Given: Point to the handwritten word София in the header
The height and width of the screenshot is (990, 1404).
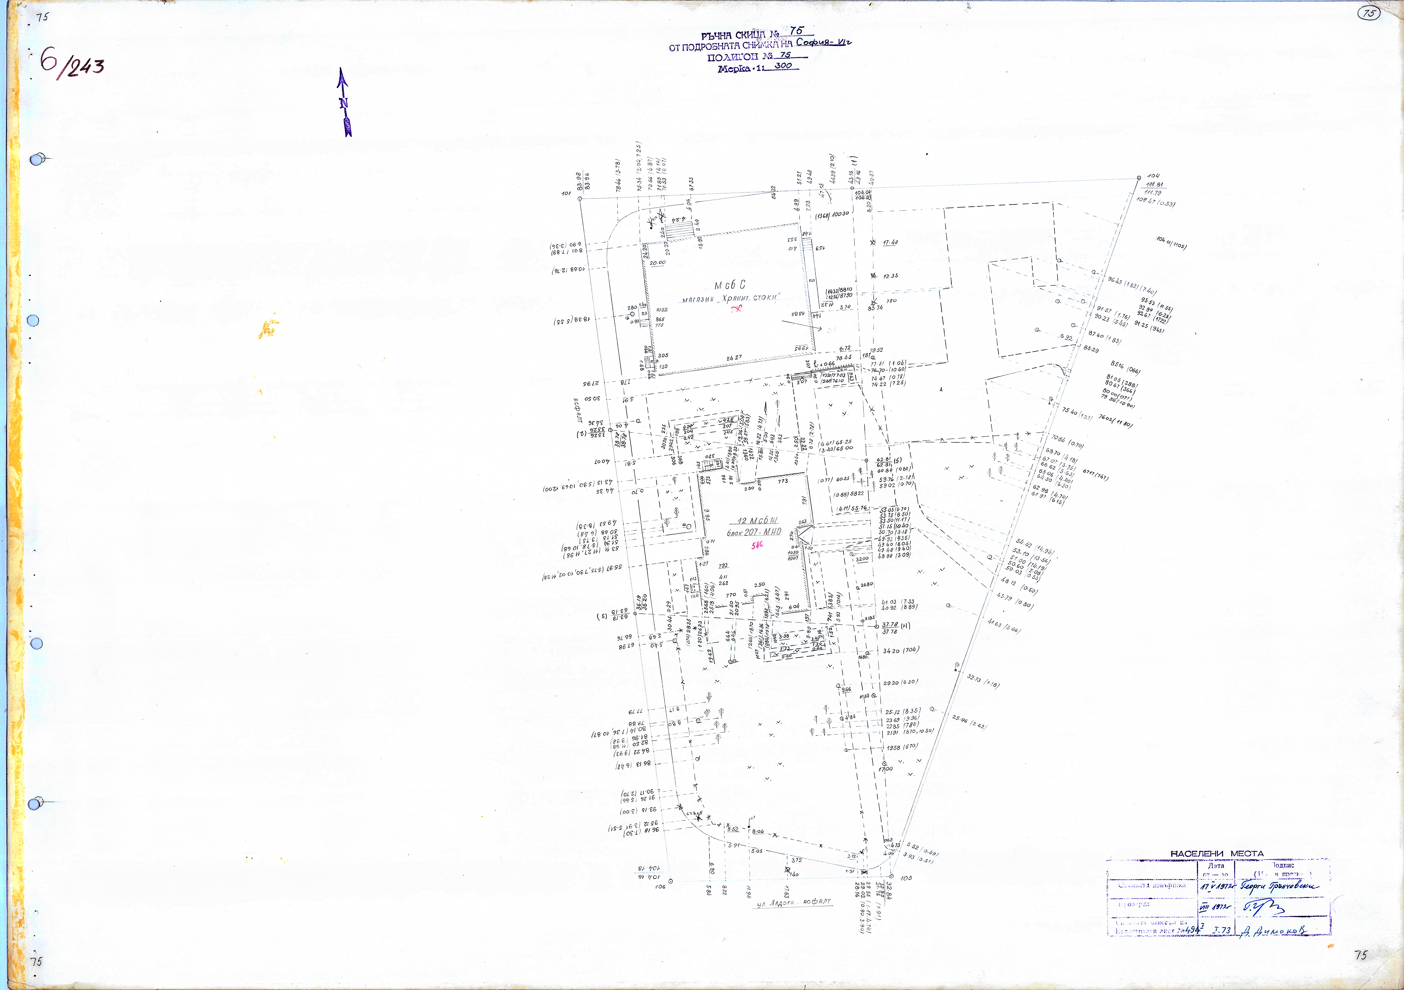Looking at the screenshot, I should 815,43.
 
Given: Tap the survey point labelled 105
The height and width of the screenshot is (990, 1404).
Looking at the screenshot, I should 891,876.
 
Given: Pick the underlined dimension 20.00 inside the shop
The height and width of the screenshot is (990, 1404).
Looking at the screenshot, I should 657,263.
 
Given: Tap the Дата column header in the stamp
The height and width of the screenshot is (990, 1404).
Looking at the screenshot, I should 1216,865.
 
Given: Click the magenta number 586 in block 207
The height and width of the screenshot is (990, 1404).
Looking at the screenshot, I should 757,545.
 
